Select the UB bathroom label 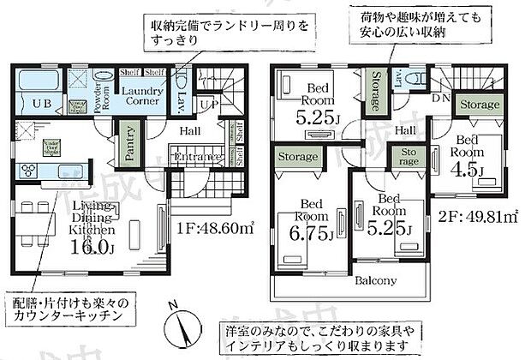tap(42, 105)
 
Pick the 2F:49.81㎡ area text tap(472, 216)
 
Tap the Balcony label tap(378, 280)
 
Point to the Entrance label tap(198, 158)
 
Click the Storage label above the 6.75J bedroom tap(298, 157)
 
